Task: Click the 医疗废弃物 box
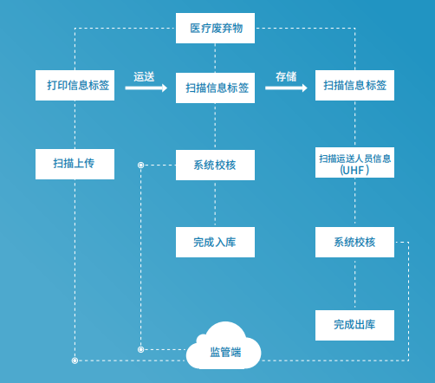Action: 216,29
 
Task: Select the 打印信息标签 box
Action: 75,85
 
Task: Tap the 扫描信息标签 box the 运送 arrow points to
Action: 216,88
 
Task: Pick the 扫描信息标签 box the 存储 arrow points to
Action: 354,85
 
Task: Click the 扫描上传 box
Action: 75,164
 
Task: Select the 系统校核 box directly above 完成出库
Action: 354,242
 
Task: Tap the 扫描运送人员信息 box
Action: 354,163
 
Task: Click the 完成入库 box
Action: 216,242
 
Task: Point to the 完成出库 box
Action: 354,325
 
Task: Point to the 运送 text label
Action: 144,76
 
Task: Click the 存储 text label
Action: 286,76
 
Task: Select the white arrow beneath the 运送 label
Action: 146,88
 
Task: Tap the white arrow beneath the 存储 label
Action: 287,88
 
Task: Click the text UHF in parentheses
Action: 354,171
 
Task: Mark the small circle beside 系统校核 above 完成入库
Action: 140,164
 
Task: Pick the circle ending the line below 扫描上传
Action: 75,359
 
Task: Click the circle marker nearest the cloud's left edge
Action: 140,349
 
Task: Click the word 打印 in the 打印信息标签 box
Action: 58,85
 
